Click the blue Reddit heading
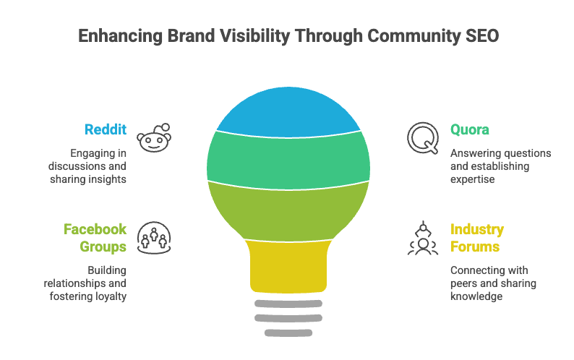(x=106, y=130)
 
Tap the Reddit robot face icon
(x=155, y=137)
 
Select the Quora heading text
(x=470, y=130)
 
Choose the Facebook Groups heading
(x=95, y=238)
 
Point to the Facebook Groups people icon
(x=153, y=238)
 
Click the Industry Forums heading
(x=477, y=238)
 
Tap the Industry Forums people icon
(x=422, y=239)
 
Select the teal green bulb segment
(x=288, y=158)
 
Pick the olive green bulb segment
(x=288, y=210)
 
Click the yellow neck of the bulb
(x=288, y=266)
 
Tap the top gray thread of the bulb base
(x=288, y=304)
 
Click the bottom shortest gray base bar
(x=288, y=333)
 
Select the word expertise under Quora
(x=473, y=179)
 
